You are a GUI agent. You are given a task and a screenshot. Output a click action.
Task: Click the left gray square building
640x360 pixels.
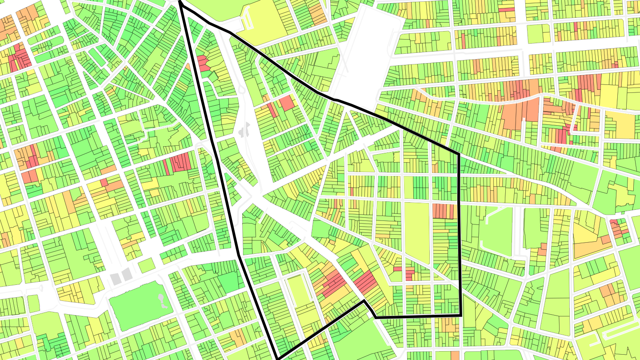pyautogui.click(x=116, y=279)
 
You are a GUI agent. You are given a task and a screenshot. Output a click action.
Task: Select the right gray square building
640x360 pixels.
pyautogui.click(x=127, y=274)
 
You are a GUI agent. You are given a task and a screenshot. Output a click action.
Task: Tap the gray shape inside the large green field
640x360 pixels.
pyautogui.click(x=163, y=302)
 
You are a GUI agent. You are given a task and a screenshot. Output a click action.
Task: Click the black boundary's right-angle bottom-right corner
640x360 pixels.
pyautogui.click(x=460, y=315)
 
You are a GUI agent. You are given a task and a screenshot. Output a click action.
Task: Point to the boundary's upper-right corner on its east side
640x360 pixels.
pyautogui.click(x=458, y=154)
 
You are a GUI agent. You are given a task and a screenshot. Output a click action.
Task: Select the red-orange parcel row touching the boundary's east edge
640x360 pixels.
pyautogui.click(x=443, y=211)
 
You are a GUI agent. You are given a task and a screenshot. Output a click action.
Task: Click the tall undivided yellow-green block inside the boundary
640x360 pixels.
pyautogui.click(x=416, y=231)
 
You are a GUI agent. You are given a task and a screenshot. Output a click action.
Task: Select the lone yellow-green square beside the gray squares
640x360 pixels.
pyautogui.click(x=146, y=265)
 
